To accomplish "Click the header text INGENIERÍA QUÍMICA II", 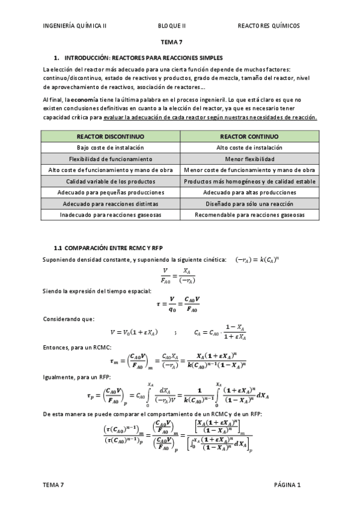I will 75,26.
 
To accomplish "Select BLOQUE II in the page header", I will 172,26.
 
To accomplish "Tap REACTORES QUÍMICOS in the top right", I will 269,26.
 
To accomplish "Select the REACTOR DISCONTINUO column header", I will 111,137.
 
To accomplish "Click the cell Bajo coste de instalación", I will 111,148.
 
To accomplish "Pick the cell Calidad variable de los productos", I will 111,182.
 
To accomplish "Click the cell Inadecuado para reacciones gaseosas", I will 111,215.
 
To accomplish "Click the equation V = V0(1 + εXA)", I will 134,332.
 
